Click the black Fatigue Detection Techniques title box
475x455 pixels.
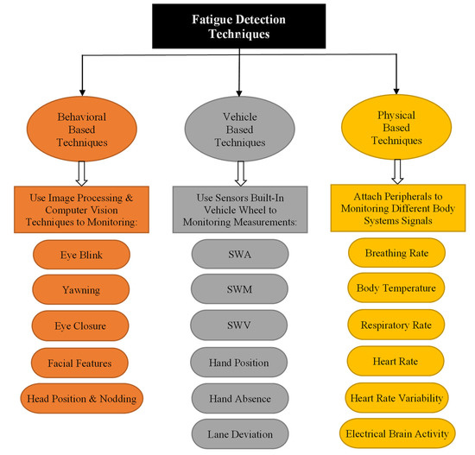click(237, 26)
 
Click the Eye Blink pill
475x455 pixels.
click(80, 256)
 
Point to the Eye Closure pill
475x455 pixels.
click(80, 325)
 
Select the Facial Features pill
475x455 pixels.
click(80, 361)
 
